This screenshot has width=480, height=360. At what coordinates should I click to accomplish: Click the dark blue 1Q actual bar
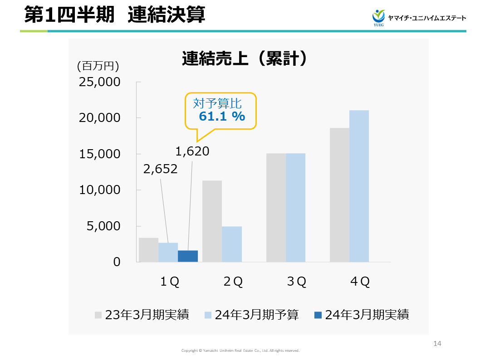coord(188,256)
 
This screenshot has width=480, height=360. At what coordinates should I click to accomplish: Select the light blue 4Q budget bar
coord(359,186)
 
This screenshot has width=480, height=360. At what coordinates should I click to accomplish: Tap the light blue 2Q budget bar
coord(232,244)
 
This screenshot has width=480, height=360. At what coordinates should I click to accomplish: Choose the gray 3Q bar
coord(276,208)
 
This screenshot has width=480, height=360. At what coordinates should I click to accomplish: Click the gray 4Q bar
coord(339,195)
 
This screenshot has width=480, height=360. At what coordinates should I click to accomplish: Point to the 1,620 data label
coord(192,151)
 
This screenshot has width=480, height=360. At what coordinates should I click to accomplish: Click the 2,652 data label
coord(161,169)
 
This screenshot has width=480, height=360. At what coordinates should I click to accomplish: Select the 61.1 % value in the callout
coord(222,117)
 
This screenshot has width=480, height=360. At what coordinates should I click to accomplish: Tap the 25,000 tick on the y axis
coord(100,82)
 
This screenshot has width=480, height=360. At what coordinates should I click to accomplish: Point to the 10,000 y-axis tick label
coord(100,190)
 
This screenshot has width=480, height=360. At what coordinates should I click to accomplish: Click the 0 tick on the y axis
coord(117,262)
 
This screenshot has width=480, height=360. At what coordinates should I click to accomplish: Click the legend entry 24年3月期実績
coord(362,315)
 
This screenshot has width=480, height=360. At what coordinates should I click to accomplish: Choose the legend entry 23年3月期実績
coord(142,315)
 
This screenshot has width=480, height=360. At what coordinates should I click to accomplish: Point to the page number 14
coord(437,343)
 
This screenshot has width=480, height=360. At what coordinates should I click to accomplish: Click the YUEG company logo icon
coord(378,17)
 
